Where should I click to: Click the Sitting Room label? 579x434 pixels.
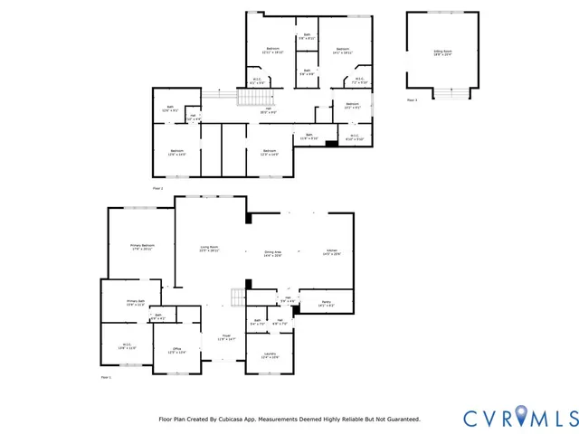click(x=443, y=53)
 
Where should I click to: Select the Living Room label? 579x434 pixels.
click(x=211, y=249)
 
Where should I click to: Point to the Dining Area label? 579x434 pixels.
click(x=272, y=254)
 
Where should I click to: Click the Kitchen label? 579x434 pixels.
click(x=332, y=252)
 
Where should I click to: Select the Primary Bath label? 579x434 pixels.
click(x=136, y=302)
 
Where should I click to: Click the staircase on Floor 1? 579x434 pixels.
click(x=238, y=298)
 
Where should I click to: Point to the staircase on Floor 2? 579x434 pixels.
click(x=249, y=98)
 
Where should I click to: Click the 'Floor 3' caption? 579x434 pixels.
click(x=412, y=99)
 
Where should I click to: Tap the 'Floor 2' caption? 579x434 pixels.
click(x=157, y=188)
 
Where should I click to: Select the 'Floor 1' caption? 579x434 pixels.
click(x=105, y=377)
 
